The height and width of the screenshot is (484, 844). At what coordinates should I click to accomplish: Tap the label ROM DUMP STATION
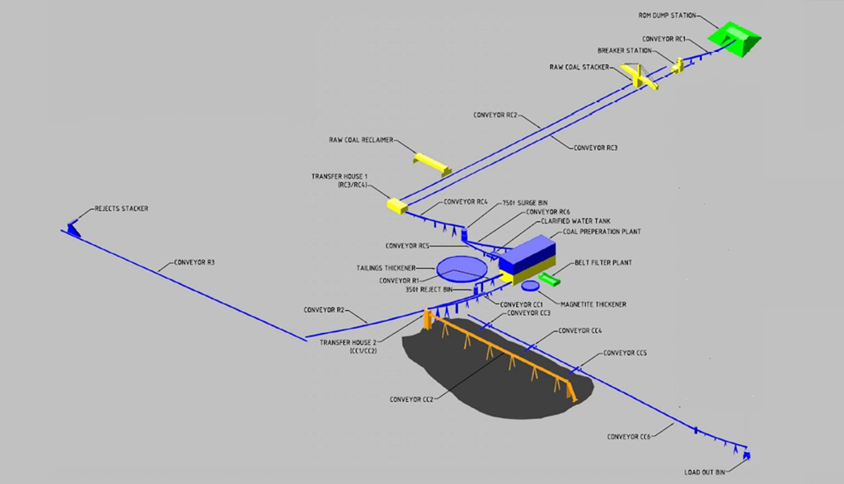[x=667, y=15]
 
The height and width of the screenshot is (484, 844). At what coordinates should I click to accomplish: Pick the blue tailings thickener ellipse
[x=461, y=268]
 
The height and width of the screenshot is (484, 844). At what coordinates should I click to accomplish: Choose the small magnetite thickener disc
[x=529, y=285]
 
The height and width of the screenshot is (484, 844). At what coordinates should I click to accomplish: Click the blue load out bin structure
[x=747, y=453]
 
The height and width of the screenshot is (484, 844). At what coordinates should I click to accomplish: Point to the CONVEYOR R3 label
[x=194, y=264]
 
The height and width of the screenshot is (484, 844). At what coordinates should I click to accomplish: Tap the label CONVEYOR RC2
[x=495, y=115]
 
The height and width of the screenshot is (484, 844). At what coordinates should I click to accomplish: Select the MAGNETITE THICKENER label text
[x=592, y=304]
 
